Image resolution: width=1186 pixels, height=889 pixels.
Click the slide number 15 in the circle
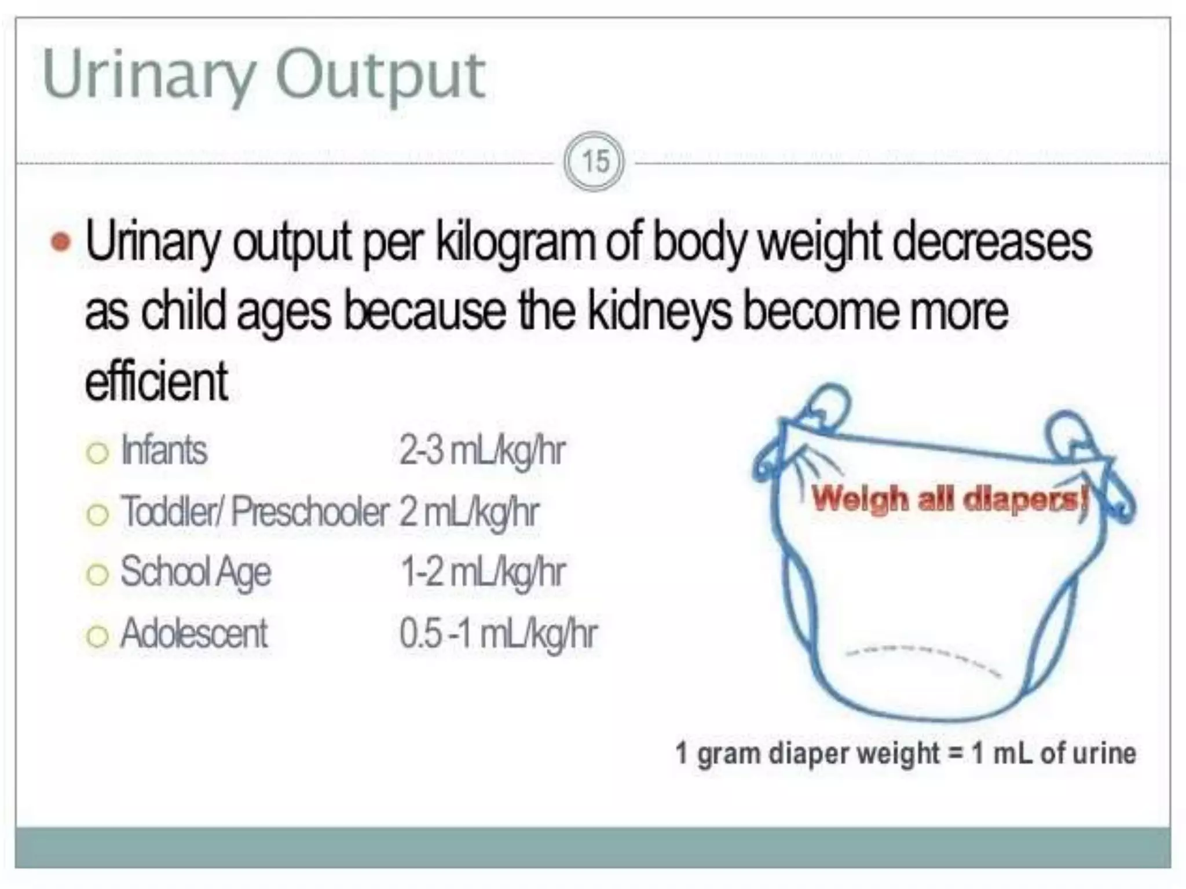595,162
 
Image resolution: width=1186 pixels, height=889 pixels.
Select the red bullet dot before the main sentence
61,242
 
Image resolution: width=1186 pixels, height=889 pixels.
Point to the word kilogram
515,243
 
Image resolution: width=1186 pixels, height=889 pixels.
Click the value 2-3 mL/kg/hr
482,451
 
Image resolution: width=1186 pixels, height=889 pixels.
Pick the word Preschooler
310,512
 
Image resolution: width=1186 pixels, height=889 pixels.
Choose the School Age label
195,572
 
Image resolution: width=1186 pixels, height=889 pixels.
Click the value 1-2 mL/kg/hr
483,572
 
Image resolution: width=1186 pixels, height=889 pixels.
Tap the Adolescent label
194,634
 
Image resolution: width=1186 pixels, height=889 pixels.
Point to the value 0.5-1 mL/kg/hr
498,634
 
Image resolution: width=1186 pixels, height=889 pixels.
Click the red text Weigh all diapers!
949,499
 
